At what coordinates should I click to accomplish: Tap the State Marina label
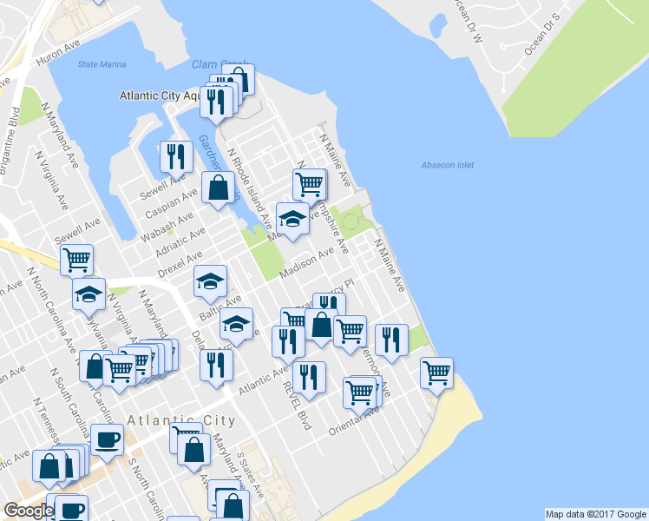point(102,64)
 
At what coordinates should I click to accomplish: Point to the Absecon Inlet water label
point(447,165)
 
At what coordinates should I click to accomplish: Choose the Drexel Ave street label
point(180,264)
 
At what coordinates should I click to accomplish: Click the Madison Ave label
point(307,263)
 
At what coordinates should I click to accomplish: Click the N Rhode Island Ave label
point(250,188)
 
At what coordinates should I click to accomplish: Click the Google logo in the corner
point(28,511)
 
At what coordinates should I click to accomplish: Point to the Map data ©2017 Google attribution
point(595,514)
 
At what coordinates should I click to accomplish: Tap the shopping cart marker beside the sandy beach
point(436,373)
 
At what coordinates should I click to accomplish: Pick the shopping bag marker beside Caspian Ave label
point(217,187)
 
